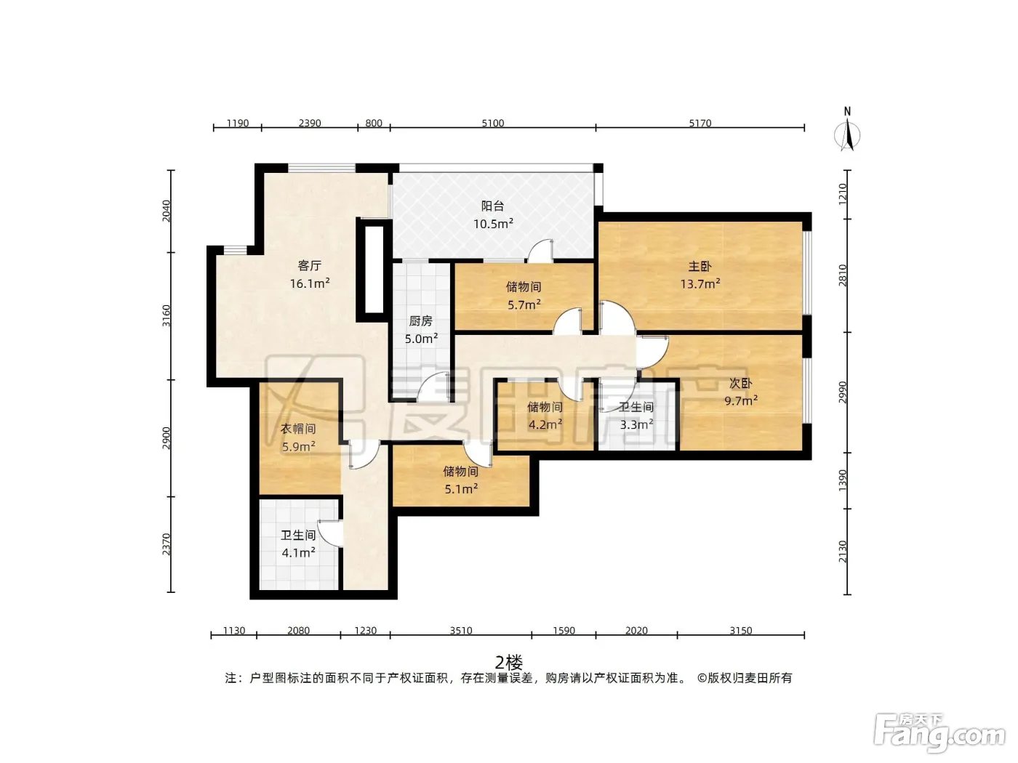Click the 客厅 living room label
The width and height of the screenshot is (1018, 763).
(309, 265)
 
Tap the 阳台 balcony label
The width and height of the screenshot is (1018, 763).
(492, 206)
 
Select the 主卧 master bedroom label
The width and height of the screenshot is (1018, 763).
(700, 267)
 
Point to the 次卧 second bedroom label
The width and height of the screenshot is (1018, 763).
(741, 383)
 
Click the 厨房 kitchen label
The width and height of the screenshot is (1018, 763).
(420, 321)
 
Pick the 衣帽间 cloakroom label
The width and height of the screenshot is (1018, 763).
(298, 429)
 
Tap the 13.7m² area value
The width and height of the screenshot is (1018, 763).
(700, 284)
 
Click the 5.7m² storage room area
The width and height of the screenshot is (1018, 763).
(524, 304)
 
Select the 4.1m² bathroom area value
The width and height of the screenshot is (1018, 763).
(298, 553)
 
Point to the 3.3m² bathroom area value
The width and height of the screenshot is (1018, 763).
(637, 424)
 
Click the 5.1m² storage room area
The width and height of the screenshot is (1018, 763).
(461, 489)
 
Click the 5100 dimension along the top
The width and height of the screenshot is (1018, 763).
(492, 124)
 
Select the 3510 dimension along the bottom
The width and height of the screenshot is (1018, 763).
(461, 631)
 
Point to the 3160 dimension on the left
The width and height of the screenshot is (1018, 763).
(166, 316)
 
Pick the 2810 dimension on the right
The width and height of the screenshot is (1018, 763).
(843, 275)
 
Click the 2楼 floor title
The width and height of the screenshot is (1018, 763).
(509, 663)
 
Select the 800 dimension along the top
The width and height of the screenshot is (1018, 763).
(374, 124)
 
